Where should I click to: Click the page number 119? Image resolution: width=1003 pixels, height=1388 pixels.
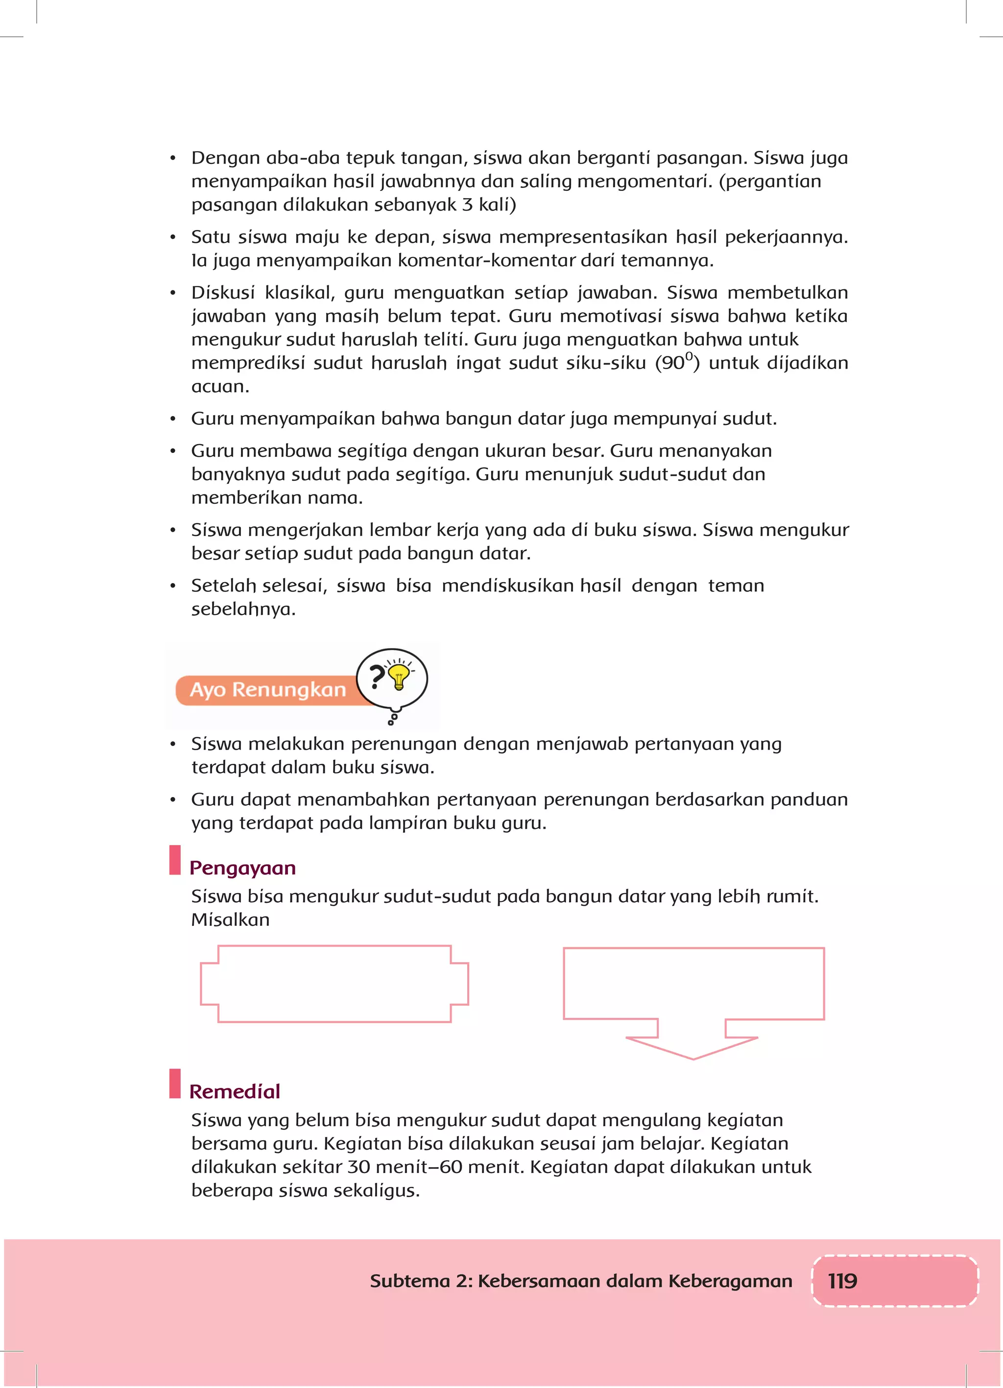(842, 1281)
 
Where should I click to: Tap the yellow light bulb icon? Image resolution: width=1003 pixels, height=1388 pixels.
(399, 676)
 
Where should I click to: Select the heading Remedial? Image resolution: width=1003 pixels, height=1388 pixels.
(235, 1091)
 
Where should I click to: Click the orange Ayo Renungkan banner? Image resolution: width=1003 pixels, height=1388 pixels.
(267, 690)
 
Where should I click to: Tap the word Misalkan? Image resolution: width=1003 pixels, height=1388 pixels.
(230, 920)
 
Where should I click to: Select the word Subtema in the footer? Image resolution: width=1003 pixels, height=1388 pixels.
(409, 1281)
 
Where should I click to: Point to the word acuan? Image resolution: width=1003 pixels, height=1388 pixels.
(219, 387)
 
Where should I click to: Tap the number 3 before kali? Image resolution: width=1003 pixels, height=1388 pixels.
(467, 205)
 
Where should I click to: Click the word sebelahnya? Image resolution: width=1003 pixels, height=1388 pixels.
(243, 610)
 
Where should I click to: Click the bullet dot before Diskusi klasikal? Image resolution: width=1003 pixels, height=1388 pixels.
(173, 293)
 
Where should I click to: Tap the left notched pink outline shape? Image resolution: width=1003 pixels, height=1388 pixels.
(334, 984)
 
